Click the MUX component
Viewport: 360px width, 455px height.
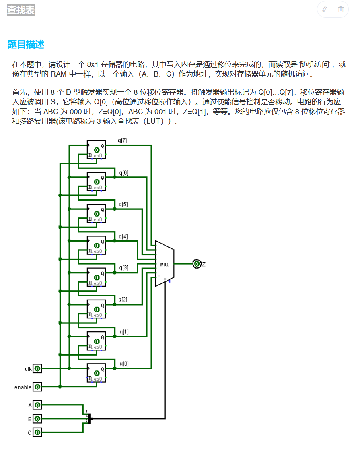click(165, 264)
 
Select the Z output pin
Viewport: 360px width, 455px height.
click(197, 264)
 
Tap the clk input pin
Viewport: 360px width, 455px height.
click(37, 368)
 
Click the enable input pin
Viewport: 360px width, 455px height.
click(37, 387)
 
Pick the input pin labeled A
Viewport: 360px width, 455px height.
click(37, 405)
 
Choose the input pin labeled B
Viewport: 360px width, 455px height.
click(37, 419)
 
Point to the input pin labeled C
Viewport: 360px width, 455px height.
click(37, 432)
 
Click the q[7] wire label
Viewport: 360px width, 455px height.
click(122, 141)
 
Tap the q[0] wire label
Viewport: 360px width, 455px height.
click(124, 364)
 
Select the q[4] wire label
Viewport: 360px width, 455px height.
click(123, 236)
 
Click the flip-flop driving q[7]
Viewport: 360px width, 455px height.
click(97, 150)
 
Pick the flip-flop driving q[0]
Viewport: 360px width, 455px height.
click(97, 373)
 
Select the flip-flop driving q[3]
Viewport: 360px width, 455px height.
click(97, 277)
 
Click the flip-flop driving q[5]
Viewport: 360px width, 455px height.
click(97, 213)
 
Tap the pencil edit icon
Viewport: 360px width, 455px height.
click(325, 10)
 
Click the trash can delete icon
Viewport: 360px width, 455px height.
click(341, 10)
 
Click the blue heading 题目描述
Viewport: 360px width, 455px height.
click(26, 45)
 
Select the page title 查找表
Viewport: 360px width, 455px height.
click(21, 10)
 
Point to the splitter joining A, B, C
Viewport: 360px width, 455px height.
click(89, 418)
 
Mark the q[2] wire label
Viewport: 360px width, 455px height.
click(123, 300)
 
